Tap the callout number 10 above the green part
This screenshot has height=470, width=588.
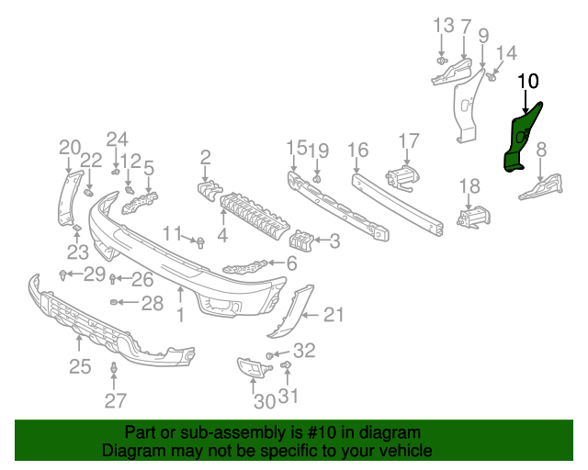coord(528,81)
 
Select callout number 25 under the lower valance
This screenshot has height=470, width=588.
coord(80,367)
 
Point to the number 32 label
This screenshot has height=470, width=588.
coord(304,350)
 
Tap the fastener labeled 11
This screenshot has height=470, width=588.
coord(199,242)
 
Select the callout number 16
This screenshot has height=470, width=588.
coord(357,150)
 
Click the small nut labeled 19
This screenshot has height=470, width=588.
coord(317,176)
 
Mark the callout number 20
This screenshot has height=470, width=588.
coord(70,147)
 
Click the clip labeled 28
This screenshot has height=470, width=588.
coord(114,302)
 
